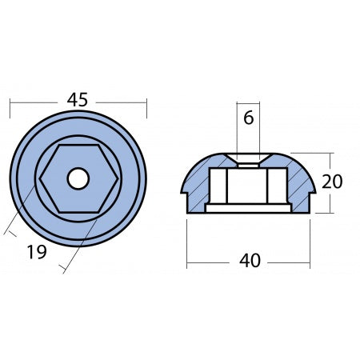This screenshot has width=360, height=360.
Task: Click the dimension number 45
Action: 78,101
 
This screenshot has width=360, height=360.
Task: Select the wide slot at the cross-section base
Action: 248,209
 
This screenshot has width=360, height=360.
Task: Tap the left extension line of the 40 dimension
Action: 187,240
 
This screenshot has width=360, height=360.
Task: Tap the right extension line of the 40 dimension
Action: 310,240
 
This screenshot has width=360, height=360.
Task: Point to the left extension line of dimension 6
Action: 238,128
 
